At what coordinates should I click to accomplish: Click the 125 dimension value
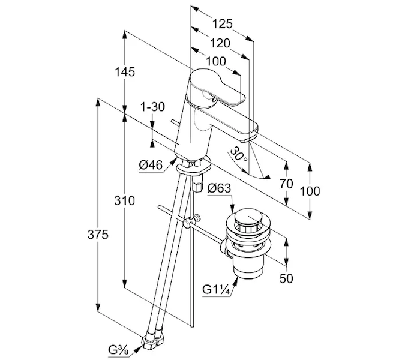[x=222, y=25]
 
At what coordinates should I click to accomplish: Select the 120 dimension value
[x=220, y=43]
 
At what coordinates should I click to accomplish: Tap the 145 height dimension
[x=124, y=72]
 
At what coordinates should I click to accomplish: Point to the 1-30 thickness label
[x=152, y=107]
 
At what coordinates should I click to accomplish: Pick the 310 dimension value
[x=125, y=201]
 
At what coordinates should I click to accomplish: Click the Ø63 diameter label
[x=220, y=188]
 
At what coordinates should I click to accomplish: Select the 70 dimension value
[x=286, y=184]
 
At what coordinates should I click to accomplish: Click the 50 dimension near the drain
[x=287, y=279]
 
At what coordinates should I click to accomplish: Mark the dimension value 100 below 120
[x=215, y=61]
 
